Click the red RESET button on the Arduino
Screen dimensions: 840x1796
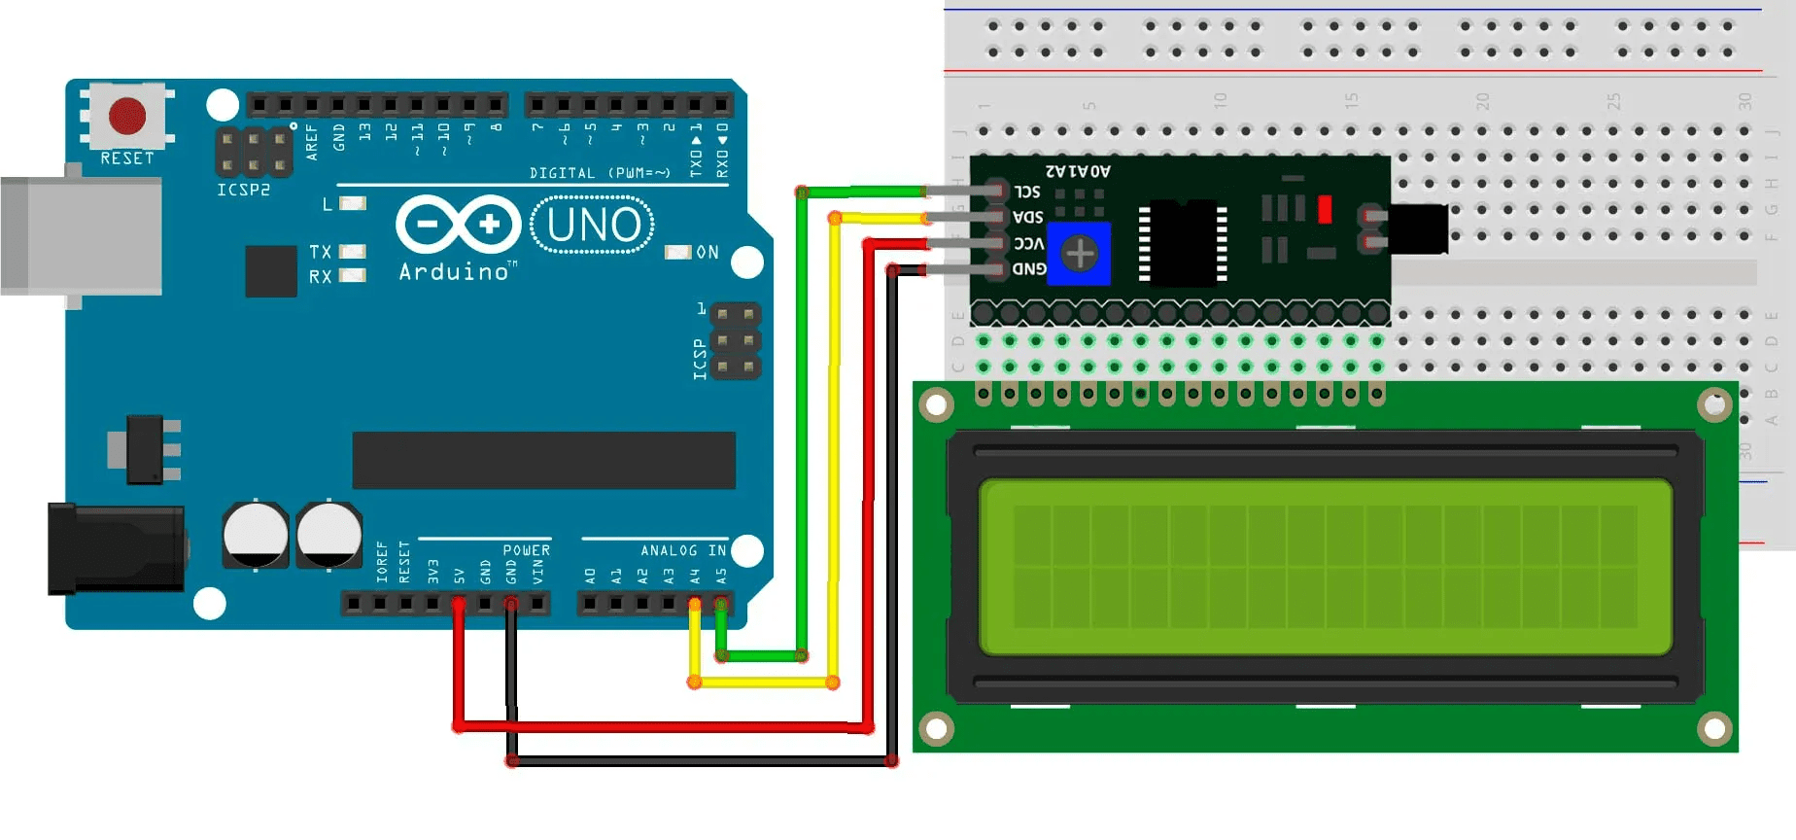coord(127,115)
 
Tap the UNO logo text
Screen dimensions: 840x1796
coord(593,225)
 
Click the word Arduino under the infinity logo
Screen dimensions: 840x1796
coord(454,272)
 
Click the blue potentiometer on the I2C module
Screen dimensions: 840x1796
coord(1079,254)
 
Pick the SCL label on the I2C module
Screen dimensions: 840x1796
coord(1027,192)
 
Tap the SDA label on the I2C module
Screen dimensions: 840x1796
coord(1027,217)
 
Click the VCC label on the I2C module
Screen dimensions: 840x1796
coord(1028,243)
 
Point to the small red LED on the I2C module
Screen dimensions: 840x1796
coord(1324,209)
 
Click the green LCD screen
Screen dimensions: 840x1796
coord(1325,567)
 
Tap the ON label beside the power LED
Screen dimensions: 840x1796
coord(708,253)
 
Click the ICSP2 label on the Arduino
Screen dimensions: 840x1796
coord(243,190)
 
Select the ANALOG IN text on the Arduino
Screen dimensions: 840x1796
coord(683,550)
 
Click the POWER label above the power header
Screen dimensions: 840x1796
coord(526,550)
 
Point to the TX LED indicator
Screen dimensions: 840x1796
coord(352,252)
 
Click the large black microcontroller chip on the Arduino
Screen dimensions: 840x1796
coord(543,460)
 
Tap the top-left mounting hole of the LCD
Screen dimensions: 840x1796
coord(936,404)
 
